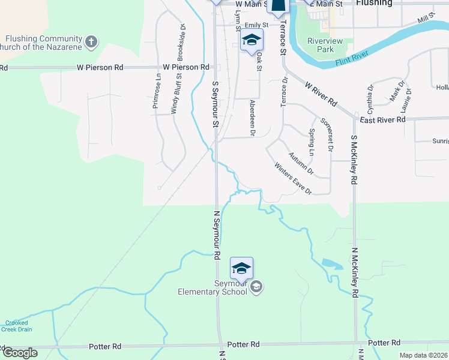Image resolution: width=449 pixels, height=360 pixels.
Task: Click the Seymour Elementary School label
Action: click(x=212, y=287)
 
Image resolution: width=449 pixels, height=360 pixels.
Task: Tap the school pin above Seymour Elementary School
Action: click(x=241, y=269)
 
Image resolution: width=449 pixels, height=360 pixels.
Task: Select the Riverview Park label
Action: click(x=320, y=46)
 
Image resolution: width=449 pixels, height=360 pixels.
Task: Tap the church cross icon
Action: click(x=91, y=42)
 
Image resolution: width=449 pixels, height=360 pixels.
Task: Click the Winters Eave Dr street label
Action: click(x=293, y=178)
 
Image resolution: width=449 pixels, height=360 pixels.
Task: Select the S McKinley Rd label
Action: click(x=354, y=160)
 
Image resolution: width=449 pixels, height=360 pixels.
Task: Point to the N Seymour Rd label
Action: click(x=217, y=235)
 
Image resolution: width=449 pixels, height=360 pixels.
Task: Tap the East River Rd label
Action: click(x=383, y=120)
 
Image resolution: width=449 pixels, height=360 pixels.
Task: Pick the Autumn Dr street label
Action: click(x=301, y=163)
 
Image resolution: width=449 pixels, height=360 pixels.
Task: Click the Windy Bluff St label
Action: click(x=175, y=95)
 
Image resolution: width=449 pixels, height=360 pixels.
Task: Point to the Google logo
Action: click(x=20, y=353)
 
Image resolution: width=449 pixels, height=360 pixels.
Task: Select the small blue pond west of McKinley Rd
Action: click(x=328, y=263)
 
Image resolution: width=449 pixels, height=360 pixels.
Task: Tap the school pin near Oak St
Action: click(x=252, y=41)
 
